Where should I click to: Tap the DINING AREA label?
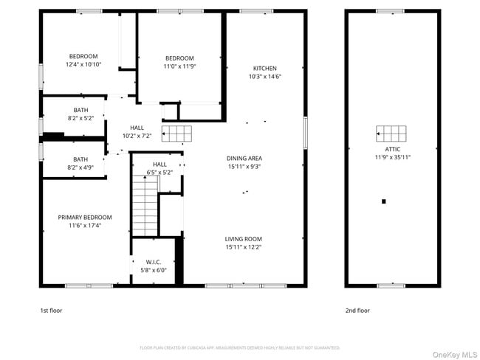click(244, 158)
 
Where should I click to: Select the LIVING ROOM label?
click(244, 239)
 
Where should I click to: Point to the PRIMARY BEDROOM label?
click(85, 218)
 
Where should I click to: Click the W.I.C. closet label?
click(154, 262)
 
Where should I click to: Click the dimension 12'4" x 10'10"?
click(83, 65)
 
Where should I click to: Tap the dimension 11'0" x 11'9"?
click(179, 66)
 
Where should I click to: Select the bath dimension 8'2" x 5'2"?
click(80, 118)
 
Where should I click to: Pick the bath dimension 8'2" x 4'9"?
click(80, 167)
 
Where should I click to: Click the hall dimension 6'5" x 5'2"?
click(160, 173)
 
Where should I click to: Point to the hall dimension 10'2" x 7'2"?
click(137, 136)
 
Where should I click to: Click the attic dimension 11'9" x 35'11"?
click(392, 156)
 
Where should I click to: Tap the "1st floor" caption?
click(51, 311)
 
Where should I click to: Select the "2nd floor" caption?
click(357, 311)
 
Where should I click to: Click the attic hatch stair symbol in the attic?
click(391, 134)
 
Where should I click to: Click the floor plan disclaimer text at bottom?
click(239, 347)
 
